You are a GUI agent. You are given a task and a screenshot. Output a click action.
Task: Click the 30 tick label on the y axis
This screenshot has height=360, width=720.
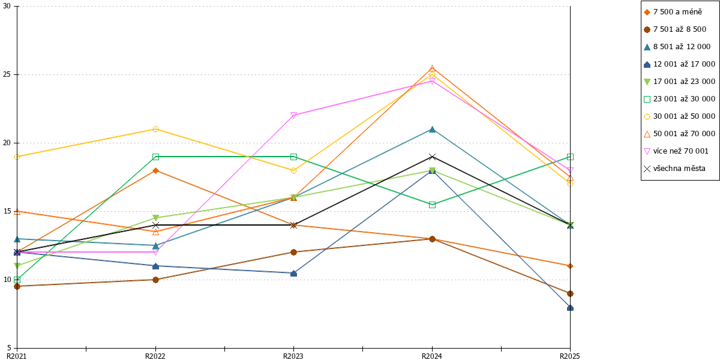tap(7, 6)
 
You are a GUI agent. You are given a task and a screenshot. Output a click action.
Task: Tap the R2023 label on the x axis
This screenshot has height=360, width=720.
tap(293, 356)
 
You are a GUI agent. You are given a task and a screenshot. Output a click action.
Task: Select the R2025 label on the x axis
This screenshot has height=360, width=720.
tap(570, 356)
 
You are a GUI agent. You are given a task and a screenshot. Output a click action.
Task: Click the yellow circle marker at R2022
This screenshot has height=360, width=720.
tap(155, 129)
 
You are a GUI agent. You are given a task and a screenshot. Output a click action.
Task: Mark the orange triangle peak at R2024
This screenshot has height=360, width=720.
tap(433, 68)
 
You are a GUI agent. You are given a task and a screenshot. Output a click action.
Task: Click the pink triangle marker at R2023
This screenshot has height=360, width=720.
tap(293, 115)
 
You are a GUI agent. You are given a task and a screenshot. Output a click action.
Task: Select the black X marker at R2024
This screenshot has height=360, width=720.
tap(433, 157)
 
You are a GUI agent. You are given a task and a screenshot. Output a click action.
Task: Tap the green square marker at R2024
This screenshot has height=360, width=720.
tap(433, 205)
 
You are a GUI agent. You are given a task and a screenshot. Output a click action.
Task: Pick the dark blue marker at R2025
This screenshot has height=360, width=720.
tap(570, 308)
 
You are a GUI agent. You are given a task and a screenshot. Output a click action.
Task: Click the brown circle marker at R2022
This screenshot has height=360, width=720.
tap(155, 280)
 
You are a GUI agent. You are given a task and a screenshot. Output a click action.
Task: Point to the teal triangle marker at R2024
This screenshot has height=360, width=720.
tap(433, 129)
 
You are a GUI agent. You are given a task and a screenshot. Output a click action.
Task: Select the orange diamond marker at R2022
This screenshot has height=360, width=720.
tap(155, 170)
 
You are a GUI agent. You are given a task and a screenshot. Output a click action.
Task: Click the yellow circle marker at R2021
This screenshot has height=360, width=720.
tap(17, 157)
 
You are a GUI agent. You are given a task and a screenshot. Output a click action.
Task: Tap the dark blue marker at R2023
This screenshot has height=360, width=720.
tap(293, 273)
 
